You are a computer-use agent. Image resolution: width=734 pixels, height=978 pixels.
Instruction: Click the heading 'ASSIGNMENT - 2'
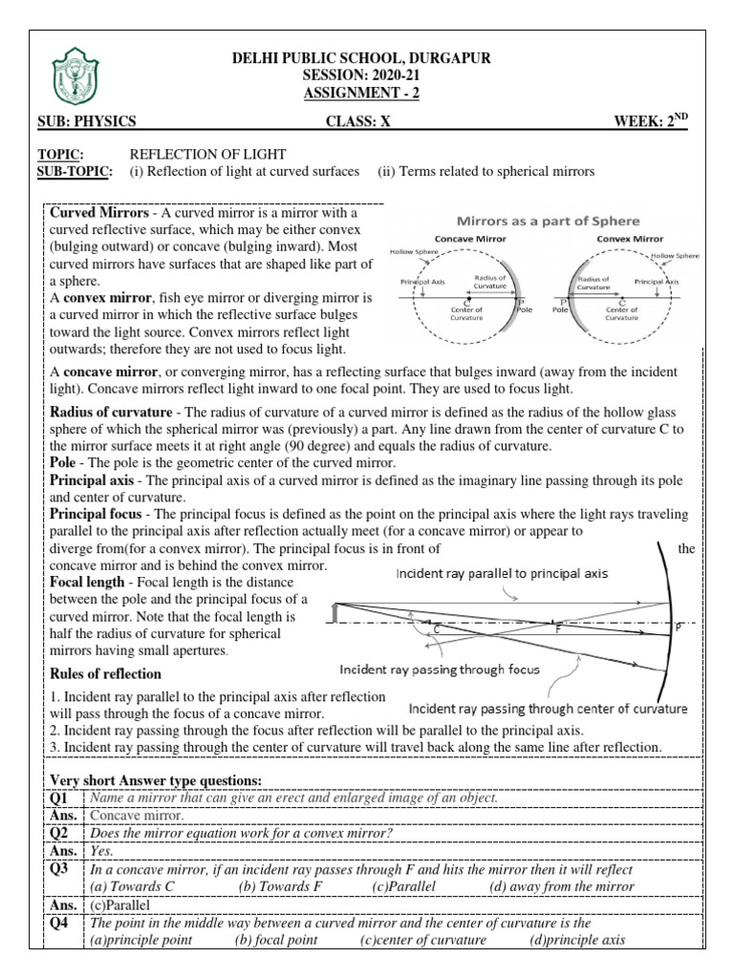[x=360, y=93]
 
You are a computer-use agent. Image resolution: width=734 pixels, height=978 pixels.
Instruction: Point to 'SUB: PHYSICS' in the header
[x=86, y=120]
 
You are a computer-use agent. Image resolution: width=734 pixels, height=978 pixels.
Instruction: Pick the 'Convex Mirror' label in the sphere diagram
[x=632, y=238]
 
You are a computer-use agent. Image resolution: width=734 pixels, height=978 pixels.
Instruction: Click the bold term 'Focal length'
[x=87, y=582]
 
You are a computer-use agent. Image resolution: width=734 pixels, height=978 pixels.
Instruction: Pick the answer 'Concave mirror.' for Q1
[x=137, y=816]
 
